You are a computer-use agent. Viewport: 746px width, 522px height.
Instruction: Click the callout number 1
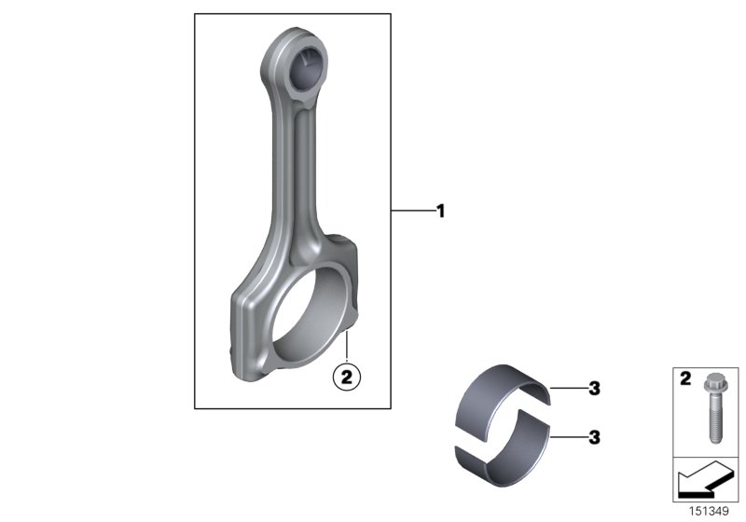click(x=439, y=212)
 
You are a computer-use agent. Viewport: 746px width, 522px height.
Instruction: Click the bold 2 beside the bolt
click(x=683, y=381)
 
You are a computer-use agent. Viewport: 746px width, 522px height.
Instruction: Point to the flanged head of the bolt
click(x=708, y=384)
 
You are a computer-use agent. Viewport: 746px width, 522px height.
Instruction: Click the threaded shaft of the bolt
click(x=708, y=425)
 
